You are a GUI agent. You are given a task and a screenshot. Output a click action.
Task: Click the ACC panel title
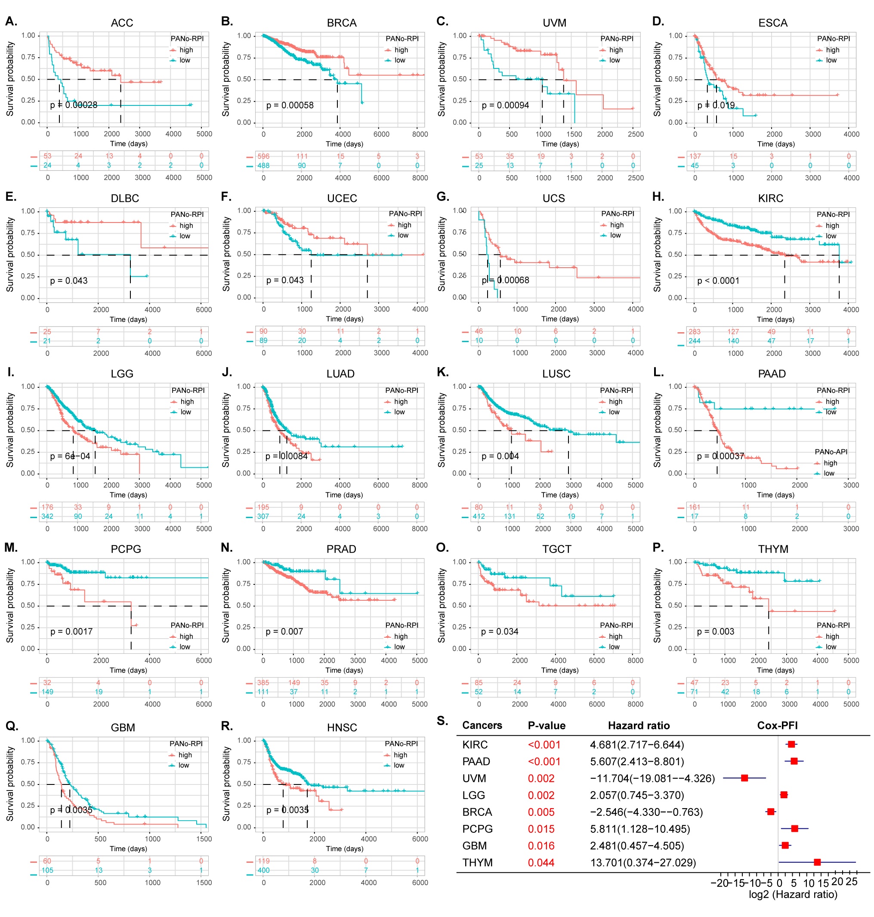[x=122, y=23]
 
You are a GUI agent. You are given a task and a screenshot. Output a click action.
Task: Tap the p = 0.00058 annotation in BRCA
[x=290, y=105]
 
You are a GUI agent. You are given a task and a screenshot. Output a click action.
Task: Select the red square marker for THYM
[x=817, y=862]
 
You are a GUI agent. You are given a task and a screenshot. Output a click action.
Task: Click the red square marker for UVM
[x=744, y=778]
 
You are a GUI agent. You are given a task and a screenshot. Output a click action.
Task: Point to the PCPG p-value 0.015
[x=541, y=829]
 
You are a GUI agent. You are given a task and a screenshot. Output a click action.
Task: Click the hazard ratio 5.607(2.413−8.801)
[x=637, y=761]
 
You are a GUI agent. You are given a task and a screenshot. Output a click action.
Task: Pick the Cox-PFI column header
[x=777, y=726]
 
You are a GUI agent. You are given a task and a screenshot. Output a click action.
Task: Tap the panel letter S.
[x=442, y=721]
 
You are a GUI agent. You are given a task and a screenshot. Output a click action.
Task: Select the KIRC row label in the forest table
[x=475, y=744]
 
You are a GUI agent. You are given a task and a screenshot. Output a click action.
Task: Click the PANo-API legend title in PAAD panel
[x=831, y=451]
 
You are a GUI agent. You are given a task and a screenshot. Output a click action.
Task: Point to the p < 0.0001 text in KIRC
[x=718, y=281]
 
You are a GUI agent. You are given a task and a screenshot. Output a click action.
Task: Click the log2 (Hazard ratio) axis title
[x=793, y=894]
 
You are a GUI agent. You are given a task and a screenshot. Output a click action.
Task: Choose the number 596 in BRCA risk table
[x=263, y=156]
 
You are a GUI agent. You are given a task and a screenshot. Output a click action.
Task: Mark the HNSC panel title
[x=342, y=727]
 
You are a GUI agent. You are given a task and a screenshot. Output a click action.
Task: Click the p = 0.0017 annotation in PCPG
[x=71, y=631]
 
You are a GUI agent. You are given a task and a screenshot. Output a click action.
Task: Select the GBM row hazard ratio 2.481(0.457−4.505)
[x=637, y=846]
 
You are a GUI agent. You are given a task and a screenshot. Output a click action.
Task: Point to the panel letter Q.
[x=12, y=726]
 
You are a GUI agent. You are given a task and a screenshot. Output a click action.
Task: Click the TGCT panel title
[x=557, y=549]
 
